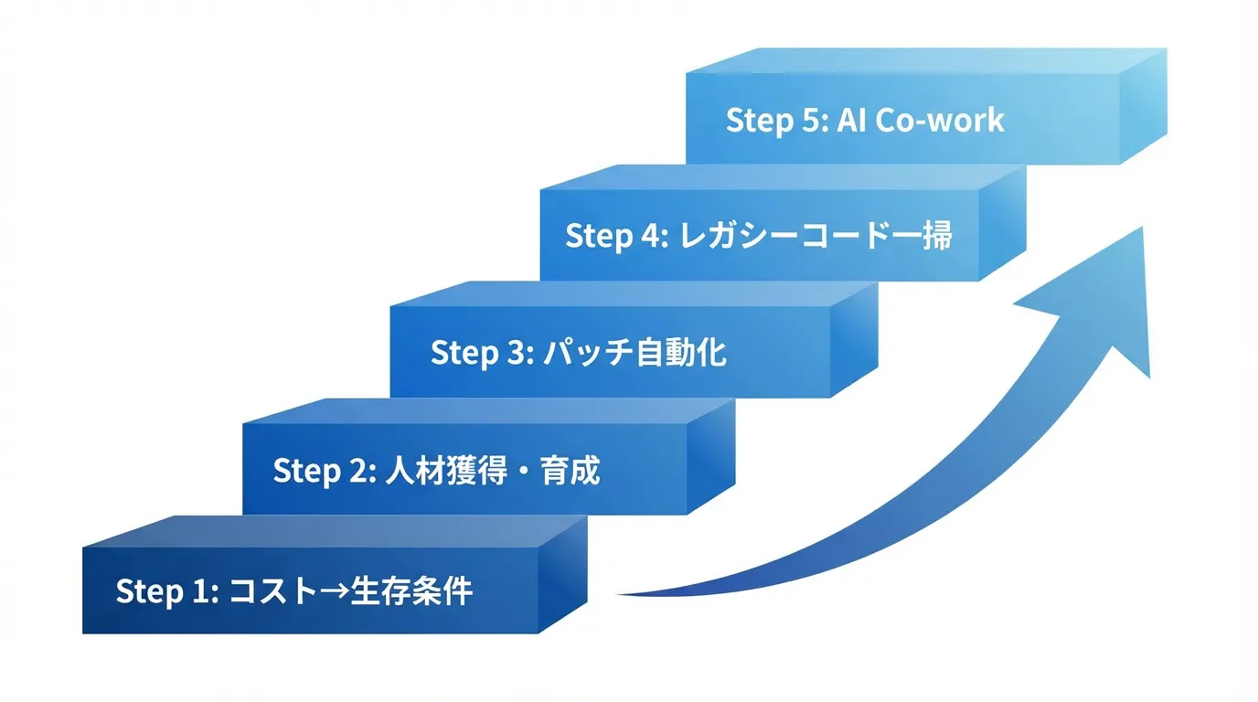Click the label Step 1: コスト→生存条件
pyautogui.click(x=293, y=591)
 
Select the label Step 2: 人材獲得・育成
pyautogui.click(x=436, y=471)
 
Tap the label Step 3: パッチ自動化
pyautogui.click(x=578, y=353)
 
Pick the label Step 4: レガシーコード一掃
pyautogui.click(x=758, y=235)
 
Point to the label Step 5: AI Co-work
pyautogui.click(x=864, y=121)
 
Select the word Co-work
pyautogui.click(x=939, y=121)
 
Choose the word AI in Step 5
pyautogui.click(x=851, y=121)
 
